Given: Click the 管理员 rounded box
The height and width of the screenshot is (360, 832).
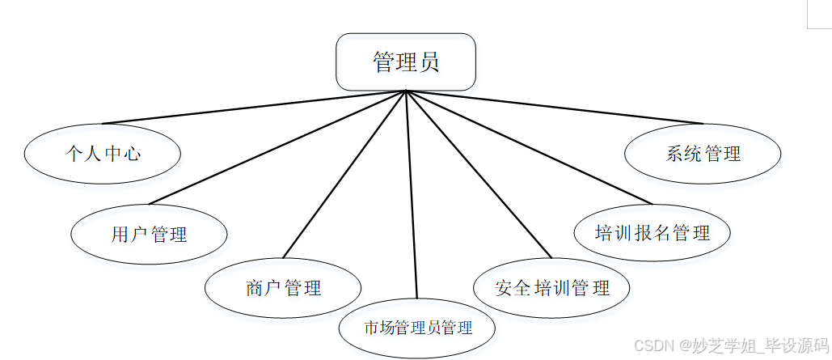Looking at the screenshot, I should tap(405, 62).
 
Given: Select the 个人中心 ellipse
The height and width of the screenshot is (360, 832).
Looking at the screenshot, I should tap(102, 154).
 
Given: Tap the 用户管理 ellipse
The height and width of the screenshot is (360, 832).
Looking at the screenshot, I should tap(149, 235).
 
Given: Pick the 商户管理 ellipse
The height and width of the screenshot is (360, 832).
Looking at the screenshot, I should tap(282, 287).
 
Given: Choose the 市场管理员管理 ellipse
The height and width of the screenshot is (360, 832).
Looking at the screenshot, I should tap(417, 328).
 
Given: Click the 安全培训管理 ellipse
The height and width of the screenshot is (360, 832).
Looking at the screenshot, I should tap(551, 287).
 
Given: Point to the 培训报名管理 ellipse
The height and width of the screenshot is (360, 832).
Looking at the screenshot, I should tap(652, 234).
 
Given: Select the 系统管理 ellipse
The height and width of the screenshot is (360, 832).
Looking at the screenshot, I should tap(703, 154).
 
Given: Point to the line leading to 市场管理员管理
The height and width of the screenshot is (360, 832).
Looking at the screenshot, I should tap(411, 194).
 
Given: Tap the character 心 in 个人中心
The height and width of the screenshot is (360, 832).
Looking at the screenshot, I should tap(132, 154).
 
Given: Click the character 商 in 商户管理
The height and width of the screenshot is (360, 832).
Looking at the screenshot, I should tap(254, 287).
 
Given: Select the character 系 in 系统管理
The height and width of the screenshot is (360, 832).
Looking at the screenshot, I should tap(675, 154).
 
